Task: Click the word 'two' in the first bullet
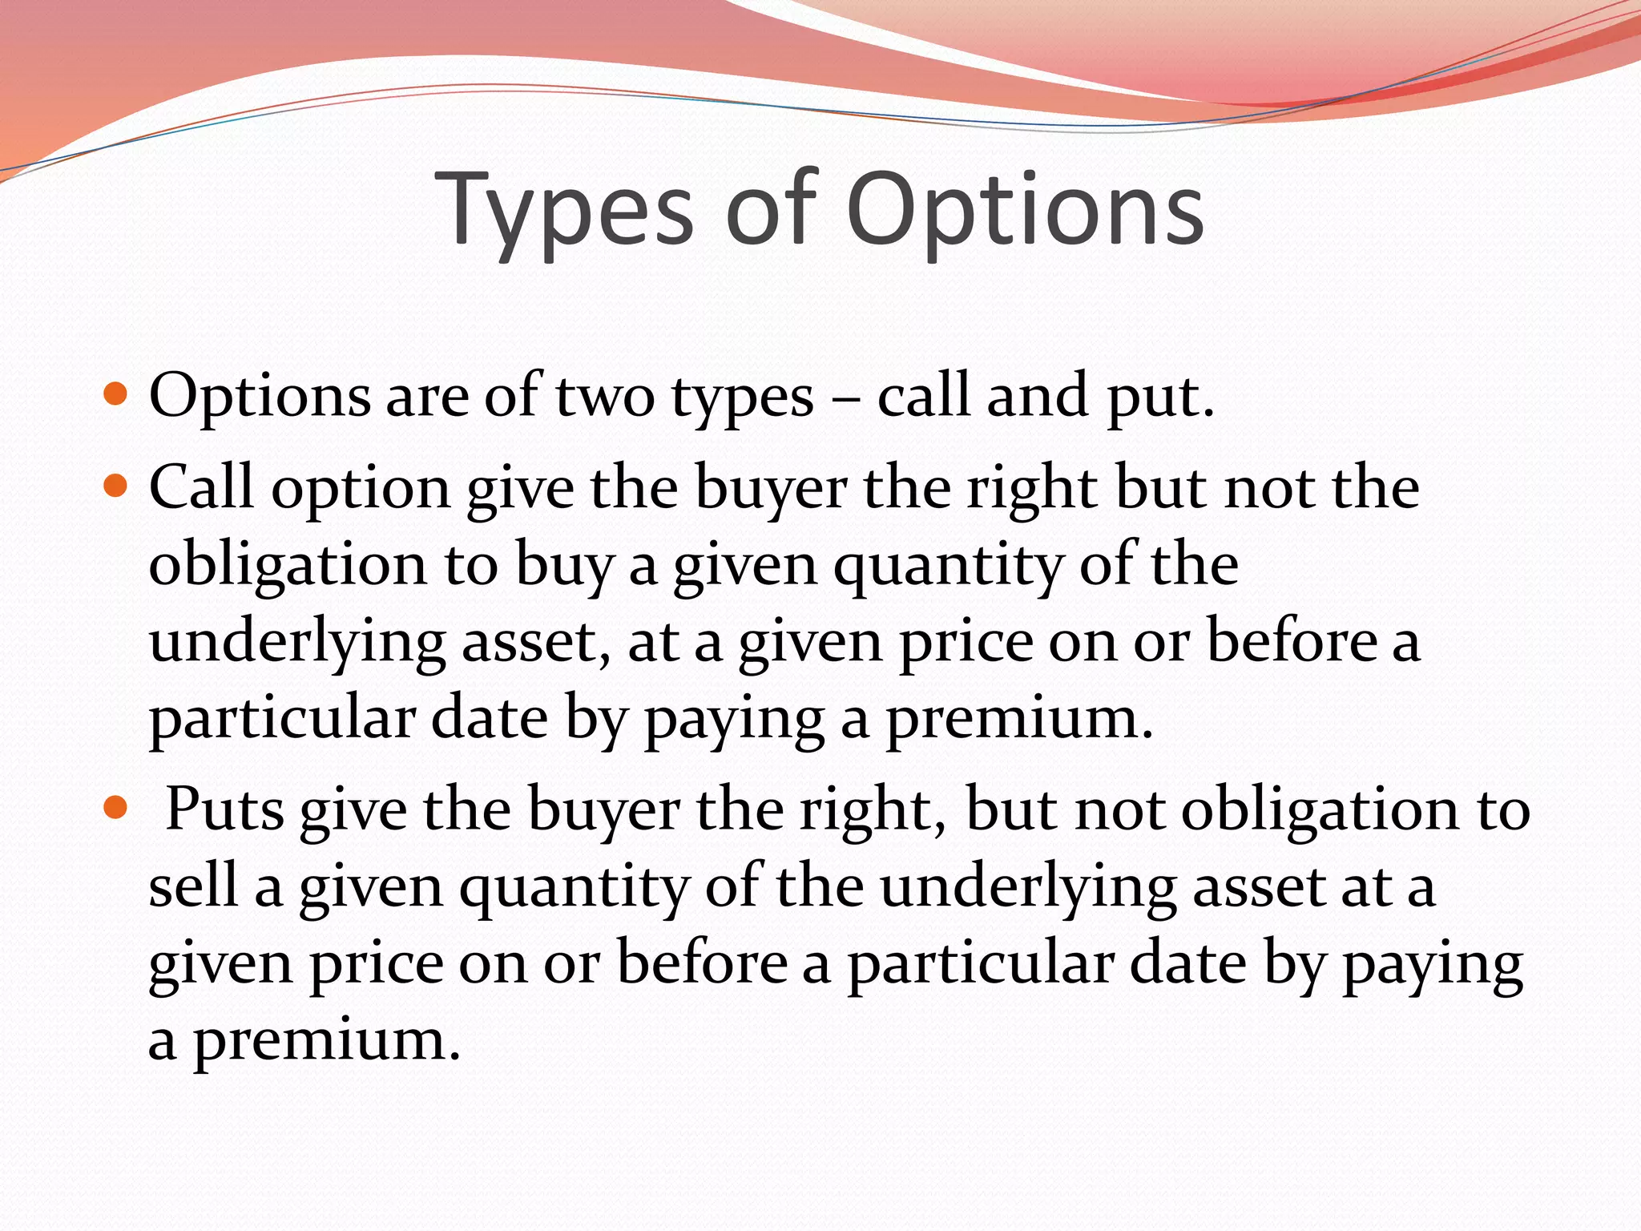point(605,396)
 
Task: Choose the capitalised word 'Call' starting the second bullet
point(201,486)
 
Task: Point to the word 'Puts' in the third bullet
point(224,809)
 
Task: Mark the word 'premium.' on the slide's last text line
point(327,1041)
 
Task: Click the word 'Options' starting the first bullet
point(260,396)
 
